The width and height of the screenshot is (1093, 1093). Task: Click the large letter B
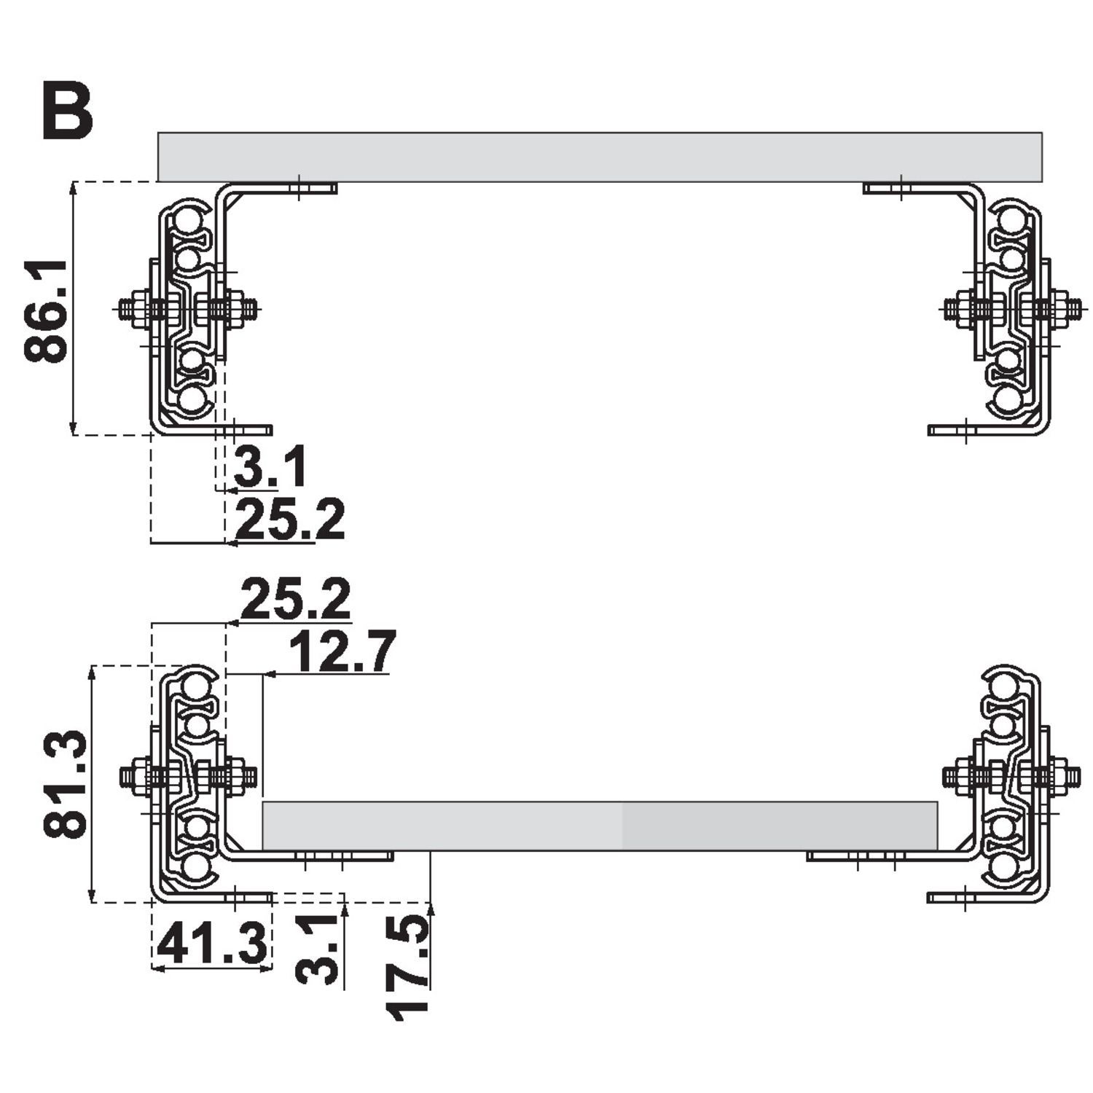click(68, 110)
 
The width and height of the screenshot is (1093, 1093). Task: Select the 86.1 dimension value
click(46, 310)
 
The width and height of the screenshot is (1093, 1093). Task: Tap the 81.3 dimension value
click(65, 785)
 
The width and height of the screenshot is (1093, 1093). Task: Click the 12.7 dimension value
click(342, 651)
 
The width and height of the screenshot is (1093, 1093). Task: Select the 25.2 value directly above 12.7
click(295, 599)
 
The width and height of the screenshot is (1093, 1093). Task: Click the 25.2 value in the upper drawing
click(290, 520)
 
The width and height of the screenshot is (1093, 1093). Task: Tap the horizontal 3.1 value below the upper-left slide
click(270, 468)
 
